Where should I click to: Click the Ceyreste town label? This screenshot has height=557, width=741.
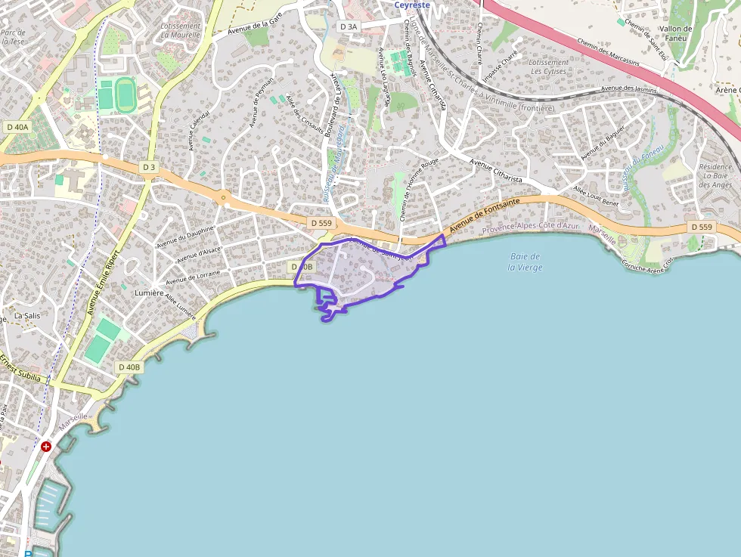[411, 5]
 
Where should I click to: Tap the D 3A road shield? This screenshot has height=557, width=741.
[348, 26]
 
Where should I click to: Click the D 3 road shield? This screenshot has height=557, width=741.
[148, 167]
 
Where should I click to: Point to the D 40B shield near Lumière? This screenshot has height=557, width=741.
[129, 367]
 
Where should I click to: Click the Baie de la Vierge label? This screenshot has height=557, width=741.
[525, 262]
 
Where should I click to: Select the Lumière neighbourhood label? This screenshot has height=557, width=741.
[148, 292]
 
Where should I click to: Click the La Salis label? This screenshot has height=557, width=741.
[28, 315]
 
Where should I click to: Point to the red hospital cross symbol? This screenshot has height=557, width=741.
[47, 447]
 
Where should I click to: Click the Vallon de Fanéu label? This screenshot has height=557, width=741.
[675, 34]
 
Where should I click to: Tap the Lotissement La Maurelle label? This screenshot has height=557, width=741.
[181, 30]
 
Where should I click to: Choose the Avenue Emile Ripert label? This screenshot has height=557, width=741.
[104, 279]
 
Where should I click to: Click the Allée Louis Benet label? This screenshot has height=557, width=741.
[596, 196]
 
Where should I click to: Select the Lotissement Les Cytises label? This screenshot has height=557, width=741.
[549, 67]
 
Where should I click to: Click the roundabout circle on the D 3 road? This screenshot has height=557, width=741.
[223, 199]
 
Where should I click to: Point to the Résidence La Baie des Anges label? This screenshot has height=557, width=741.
[715, 176]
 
